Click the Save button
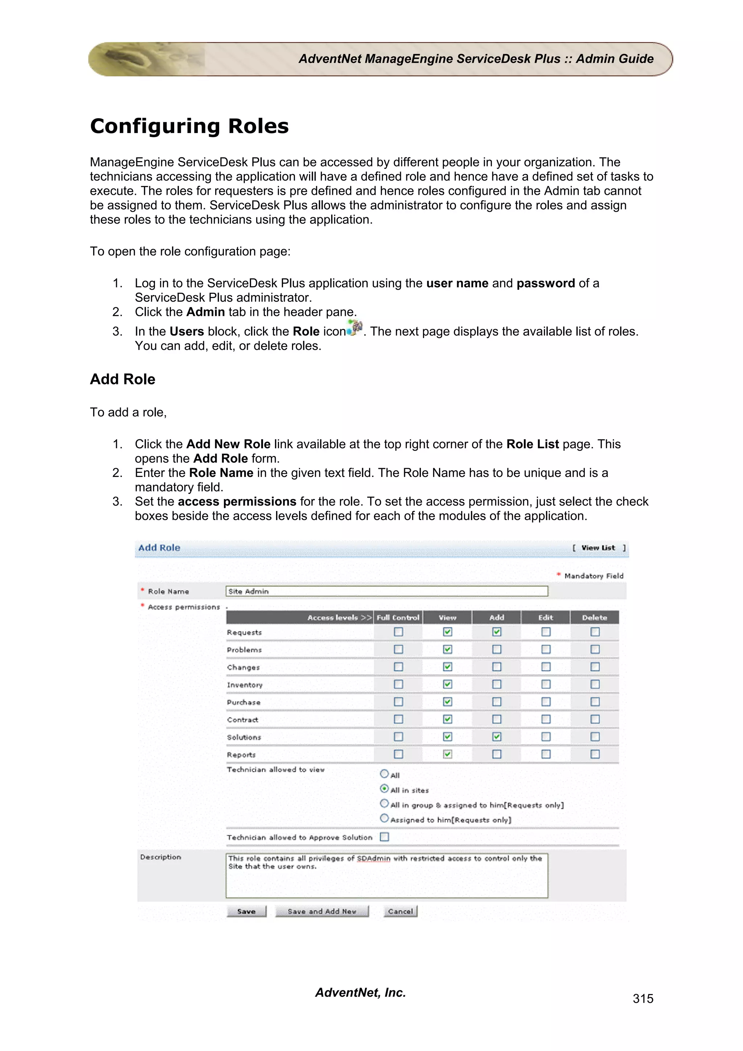point(246,911)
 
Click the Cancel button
point(401,911)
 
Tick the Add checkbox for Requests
point(497,632)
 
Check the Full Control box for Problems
point(398,649)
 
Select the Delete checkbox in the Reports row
point(595,754)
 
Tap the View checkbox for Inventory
point(448,684)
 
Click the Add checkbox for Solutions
point(497,737)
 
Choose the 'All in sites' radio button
point(385,789)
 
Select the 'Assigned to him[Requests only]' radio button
point(385,819)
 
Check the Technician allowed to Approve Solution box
point(385,837)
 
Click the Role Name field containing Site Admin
point(386,591)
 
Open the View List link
point(598,548)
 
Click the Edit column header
point(546,618)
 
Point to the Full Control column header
point(398,618)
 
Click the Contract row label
point(243,720)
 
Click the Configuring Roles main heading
point(189,126)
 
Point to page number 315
point(643,998)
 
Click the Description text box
point(386,875)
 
